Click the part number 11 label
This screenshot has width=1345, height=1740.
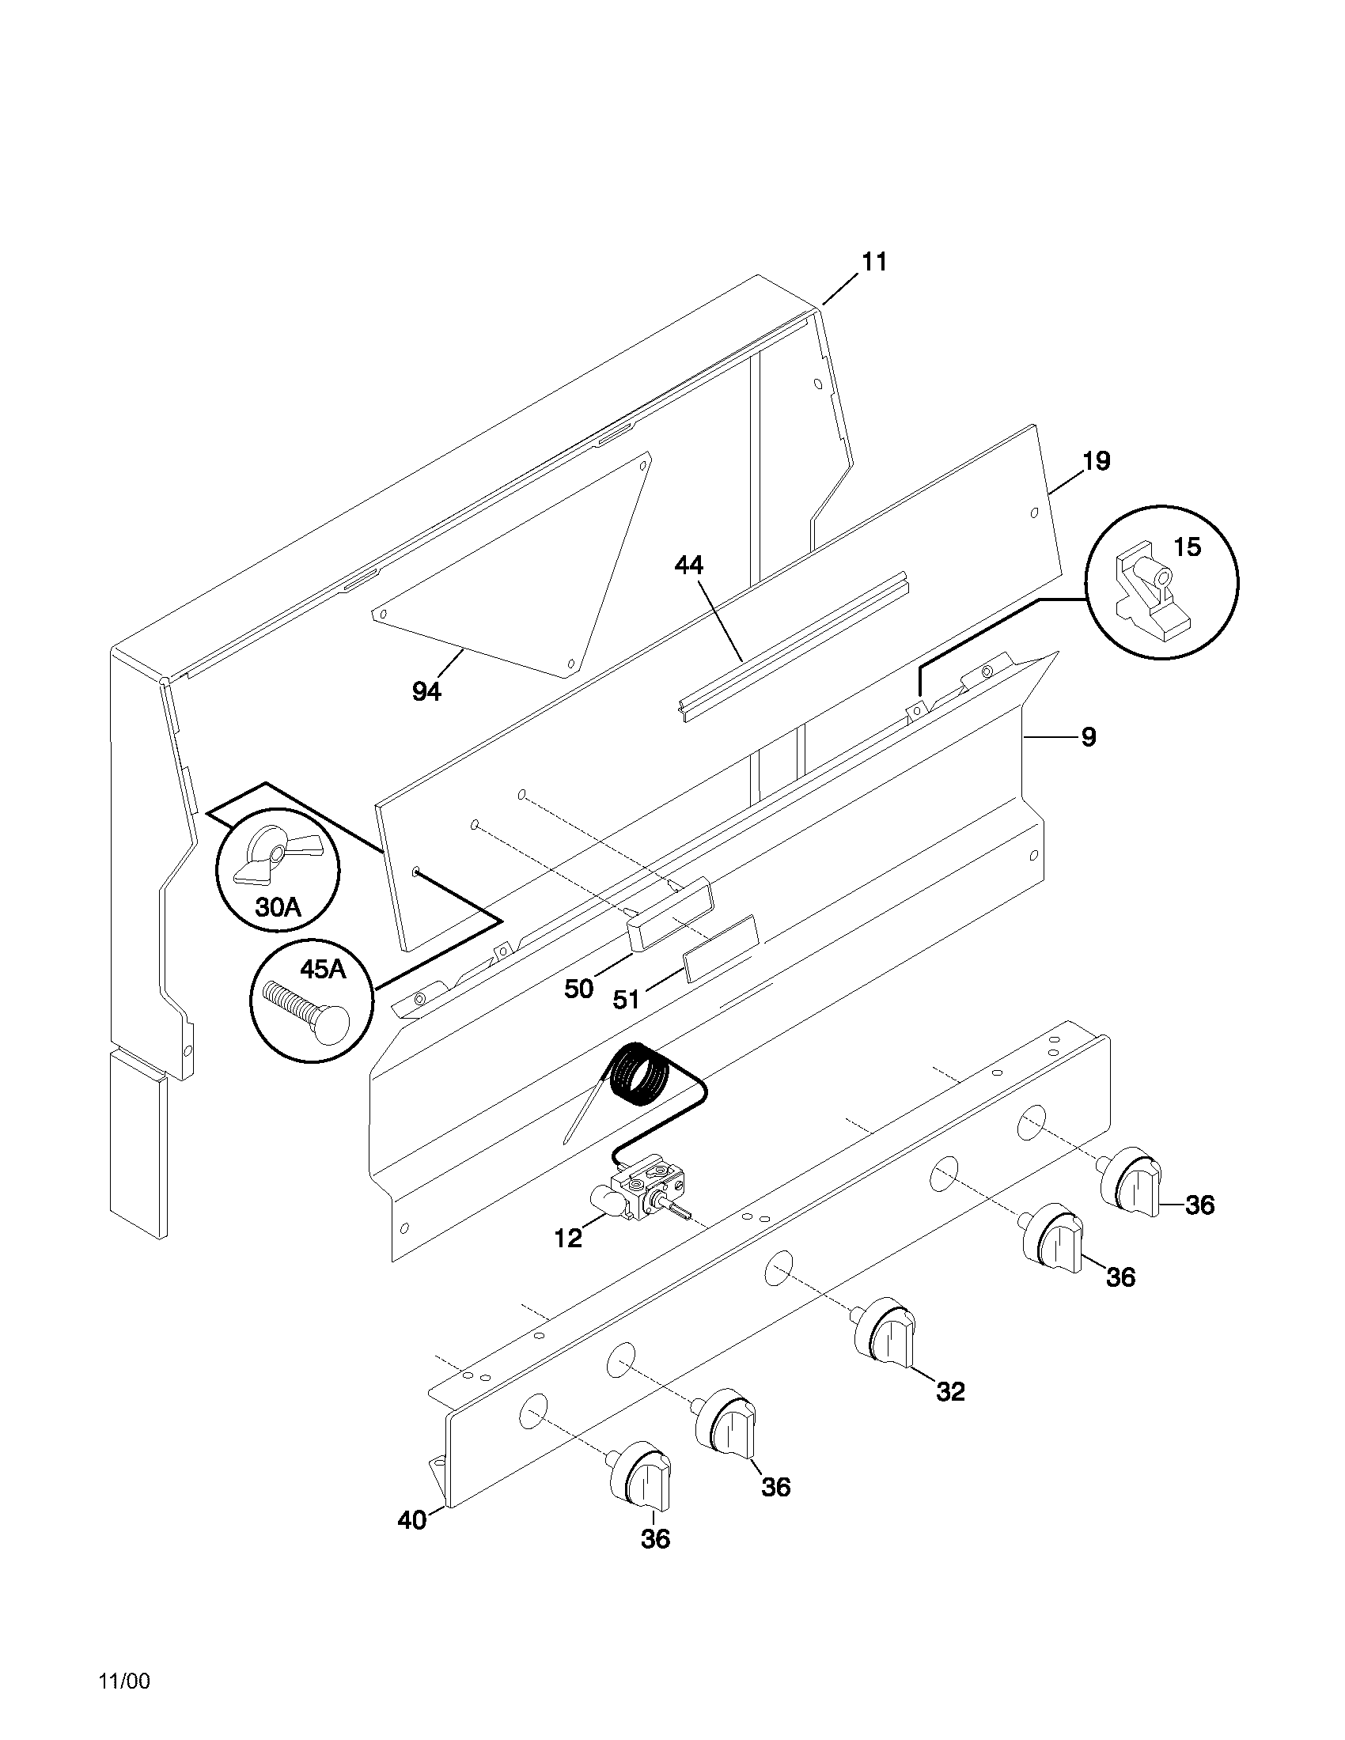[874, 262]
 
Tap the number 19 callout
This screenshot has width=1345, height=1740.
[1096, 461]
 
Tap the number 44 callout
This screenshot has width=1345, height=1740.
[688, 565]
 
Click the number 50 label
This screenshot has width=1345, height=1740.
[579, 989]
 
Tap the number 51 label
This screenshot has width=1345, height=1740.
[627, 999]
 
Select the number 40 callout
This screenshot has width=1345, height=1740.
[412, 1520]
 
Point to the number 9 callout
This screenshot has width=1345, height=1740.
[1088, 738]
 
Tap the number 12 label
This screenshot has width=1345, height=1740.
[568, 1239]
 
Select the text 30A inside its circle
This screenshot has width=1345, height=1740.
[277, 906]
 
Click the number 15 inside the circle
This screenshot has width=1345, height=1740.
[1187, 547]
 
